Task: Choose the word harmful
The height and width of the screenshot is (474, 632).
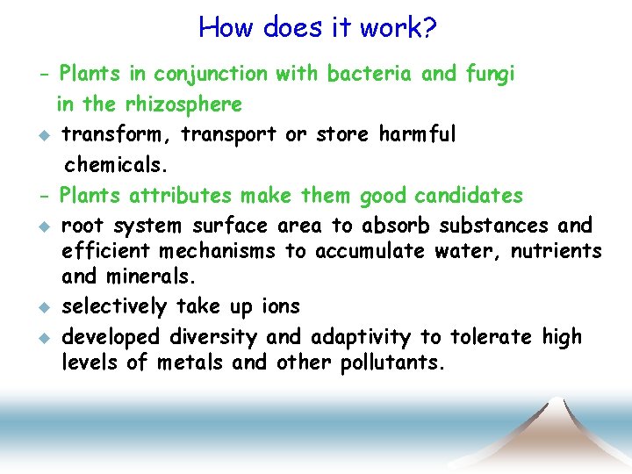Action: (417, 135)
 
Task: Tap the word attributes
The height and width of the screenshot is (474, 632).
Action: (181, 195)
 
